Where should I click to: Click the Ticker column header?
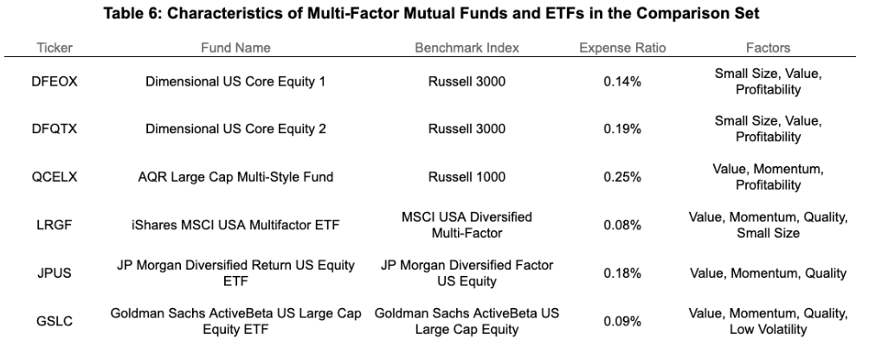(55, 48)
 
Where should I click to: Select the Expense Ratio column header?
(622, 48)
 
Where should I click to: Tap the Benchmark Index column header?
(467, 48)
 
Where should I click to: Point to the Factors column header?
(768, 48)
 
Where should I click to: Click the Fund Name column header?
(235, 48)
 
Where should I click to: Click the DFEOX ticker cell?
(55, 82)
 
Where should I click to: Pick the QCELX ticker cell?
(55, 177)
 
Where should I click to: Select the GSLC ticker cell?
(55, 321)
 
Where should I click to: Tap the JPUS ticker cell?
(55, 273)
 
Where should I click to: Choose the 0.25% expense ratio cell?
(622, 177)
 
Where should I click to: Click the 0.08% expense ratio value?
(622, 225)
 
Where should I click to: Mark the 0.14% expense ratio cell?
(622, 82)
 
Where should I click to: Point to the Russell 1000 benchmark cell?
(467, 177)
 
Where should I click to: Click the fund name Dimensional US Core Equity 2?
(235, 129)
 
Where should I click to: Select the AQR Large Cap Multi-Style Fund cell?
(235, 177)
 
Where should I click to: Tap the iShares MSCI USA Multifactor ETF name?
(235, 225)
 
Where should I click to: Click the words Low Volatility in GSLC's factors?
(768, 330)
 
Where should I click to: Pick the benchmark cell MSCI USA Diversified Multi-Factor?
(467, 225)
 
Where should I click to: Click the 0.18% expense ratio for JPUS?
(622, 273)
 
